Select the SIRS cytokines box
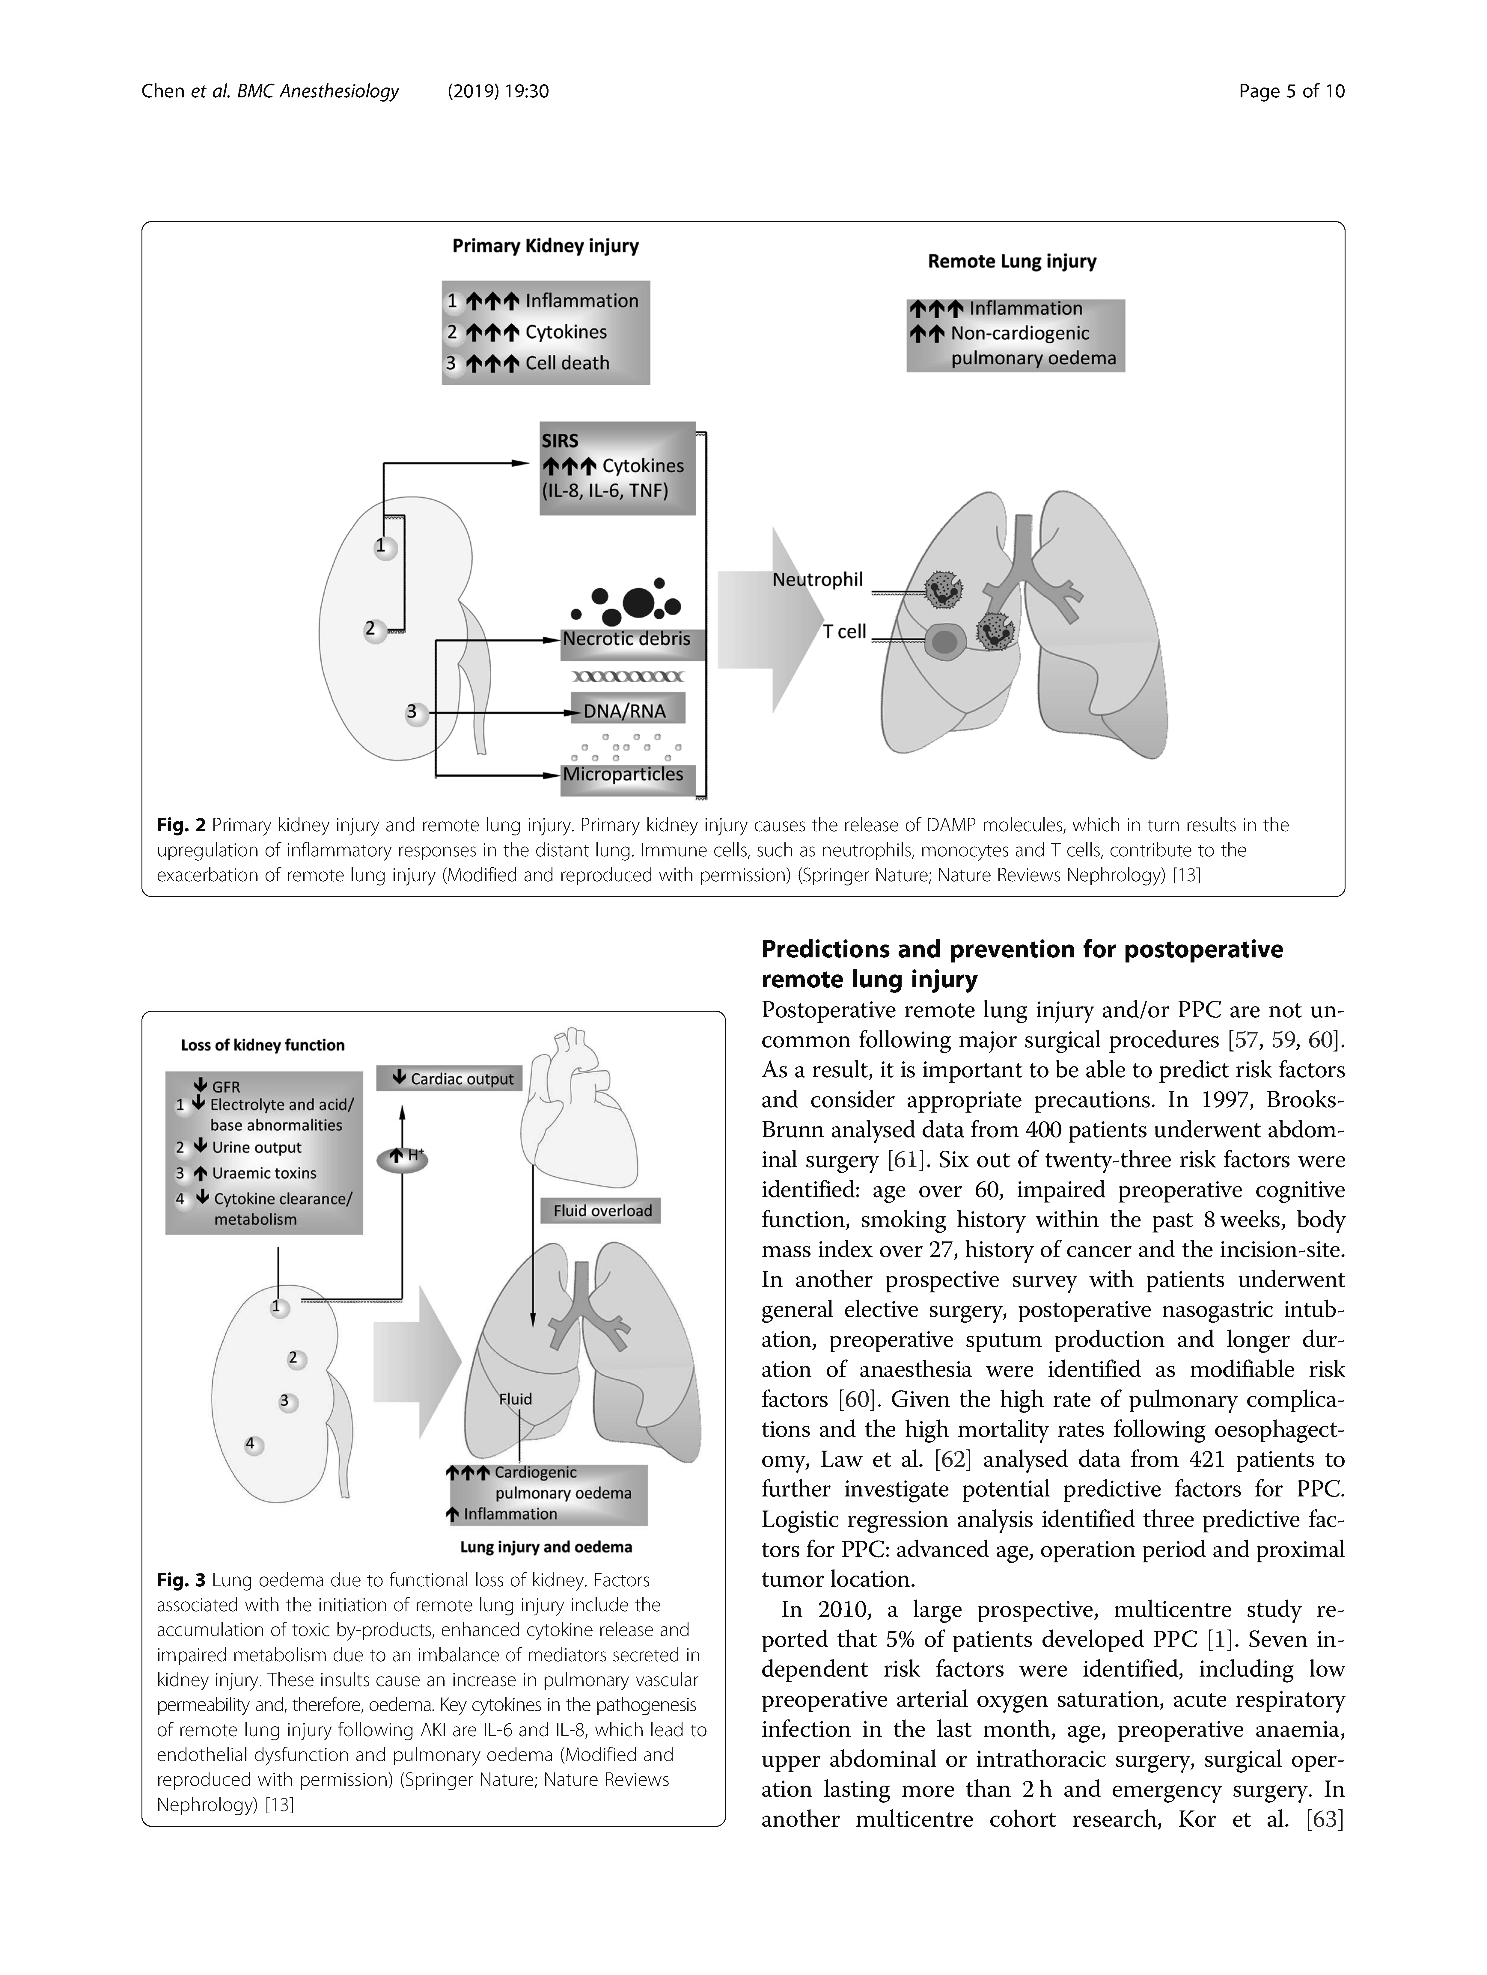coord(617,468)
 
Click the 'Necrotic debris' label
coord(626,639)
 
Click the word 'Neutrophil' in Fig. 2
coord(817,580)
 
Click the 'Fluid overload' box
coord(602,1211)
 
